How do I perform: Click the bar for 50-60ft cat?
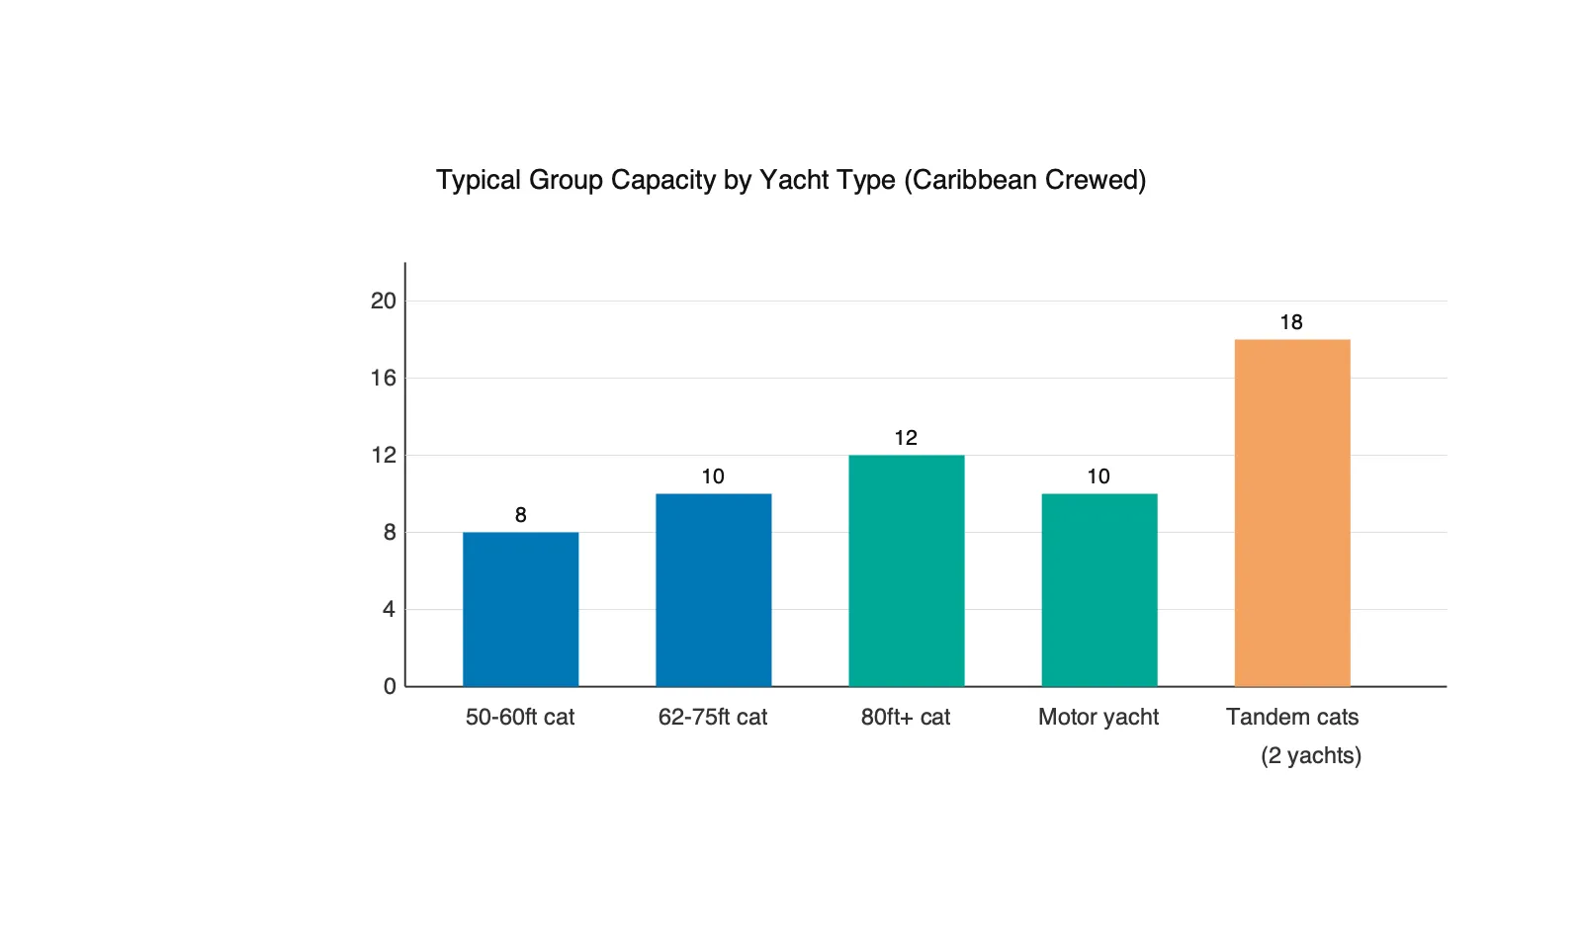click(520, 609)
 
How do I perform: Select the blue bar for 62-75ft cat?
click(713, 590)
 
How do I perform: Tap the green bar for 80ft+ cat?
click(906, 570)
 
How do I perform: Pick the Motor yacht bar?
click(1099, 590)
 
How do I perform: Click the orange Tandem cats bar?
click(1291, 513)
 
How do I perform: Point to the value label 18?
click(1291, 322)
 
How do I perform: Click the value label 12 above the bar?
click(906, 438)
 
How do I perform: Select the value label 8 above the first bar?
click(520, 515)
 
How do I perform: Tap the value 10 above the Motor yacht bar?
click(1099, 476)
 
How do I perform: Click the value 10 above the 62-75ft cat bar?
click(713, 476)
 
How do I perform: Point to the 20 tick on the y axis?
click(384, 301)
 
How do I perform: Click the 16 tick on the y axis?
click(384, 378)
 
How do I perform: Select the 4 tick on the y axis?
click(389, 609)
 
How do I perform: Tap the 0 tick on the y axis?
click(389, 686)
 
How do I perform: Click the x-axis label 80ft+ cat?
click(906, 717)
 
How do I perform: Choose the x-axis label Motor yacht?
click(1099, 717)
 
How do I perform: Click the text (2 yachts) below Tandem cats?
click(1311, 755)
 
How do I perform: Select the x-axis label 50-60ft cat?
click(520, 717)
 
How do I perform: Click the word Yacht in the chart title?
click(793, 180)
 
